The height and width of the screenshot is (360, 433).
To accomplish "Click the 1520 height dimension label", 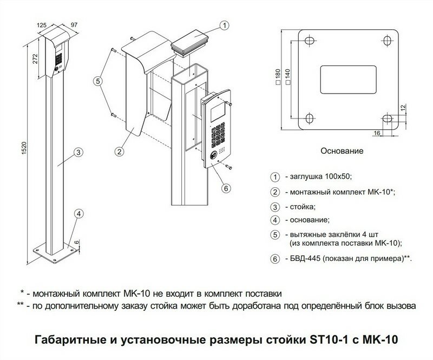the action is tap(24, 148).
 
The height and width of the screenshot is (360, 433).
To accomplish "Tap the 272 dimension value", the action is tap(35, 59).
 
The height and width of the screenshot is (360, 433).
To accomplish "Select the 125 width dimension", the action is tap(42, 25).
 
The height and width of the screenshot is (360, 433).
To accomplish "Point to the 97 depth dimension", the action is tap(74, 24).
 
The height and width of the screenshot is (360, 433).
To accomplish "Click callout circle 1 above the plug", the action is tap(225, 25).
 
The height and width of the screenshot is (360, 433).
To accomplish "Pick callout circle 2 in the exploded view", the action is tap(119, 152).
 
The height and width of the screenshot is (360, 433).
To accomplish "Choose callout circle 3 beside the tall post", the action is tap(78, 152).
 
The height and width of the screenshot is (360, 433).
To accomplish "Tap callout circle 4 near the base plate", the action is tap(79, 214).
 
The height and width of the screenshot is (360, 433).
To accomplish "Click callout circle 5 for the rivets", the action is tap(98, 81).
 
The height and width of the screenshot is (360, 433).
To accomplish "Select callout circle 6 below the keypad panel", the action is tap(226, 188).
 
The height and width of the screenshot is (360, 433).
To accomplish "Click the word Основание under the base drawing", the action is tap(342, 151).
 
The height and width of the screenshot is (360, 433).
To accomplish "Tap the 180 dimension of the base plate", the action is tap(278, 76).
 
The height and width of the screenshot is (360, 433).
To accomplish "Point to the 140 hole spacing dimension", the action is tap(287, 76).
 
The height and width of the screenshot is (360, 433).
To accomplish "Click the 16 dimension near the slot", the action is tap(377, 133).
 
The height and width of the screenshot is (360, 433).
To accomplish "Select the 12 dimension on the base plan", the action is tap(403, 108).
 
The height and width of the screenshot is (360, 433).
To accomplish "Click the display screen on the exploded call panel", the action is tap(218, 111).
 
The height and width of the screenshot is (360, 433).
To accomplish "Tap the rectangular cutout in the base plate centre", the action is tap(348, 80).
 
